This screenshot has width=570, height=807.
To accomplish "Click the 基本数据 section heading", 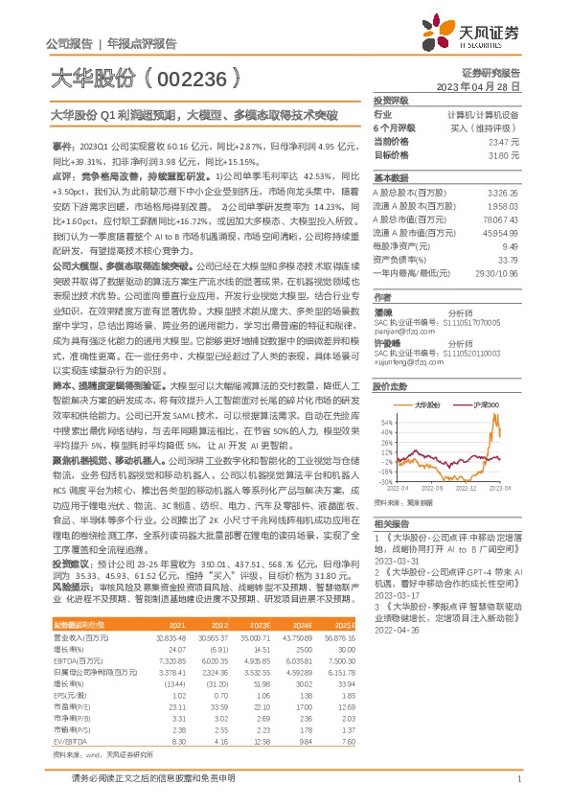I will (x=391, y=178).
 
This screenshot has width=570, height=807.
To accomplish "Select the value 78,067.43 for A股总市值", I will (x=500, y=219).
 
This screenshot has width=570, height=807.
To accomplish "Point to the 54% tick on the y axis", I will (x=385, y=421).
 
